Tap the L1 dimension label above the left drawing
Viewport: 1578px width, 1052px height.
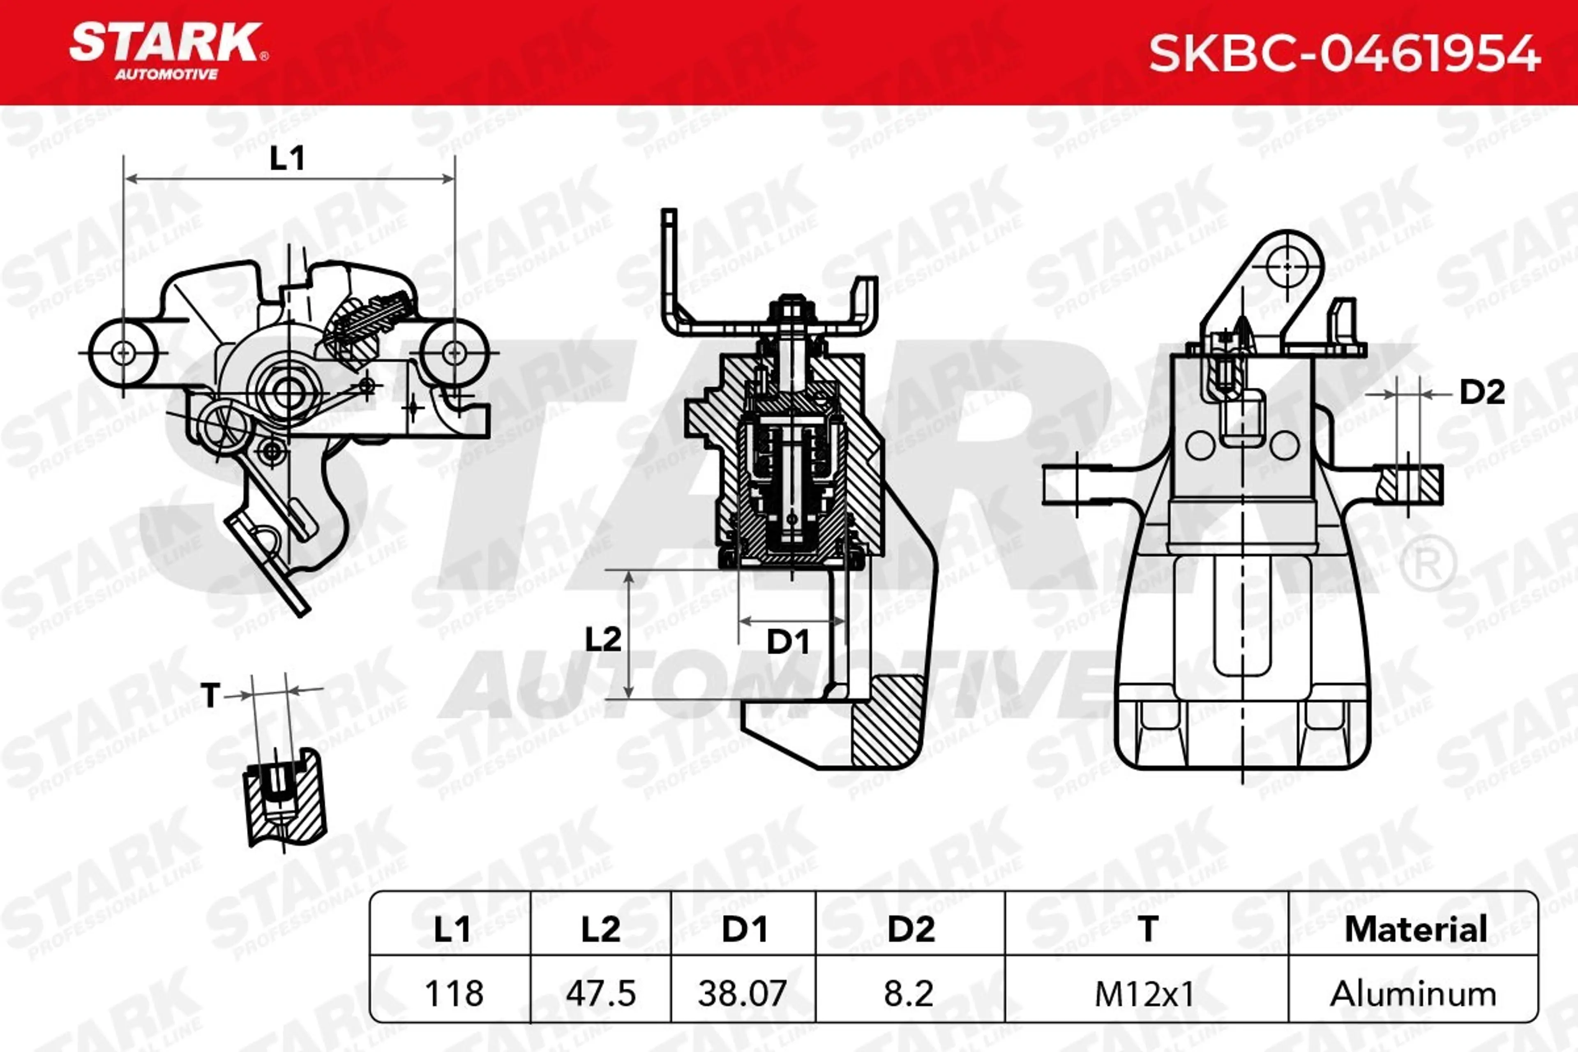tap(287, 158)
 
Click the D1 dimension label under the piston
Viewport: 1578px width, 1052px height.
tap(788, 642)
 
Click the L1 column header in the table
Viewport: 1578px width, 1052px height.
tap(452, 929)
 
